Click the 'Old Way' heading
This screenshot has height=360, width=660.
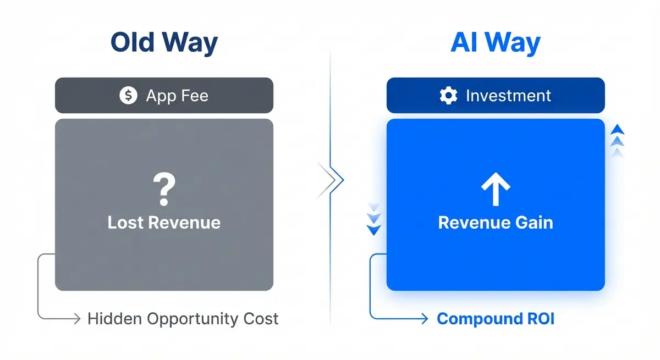coord(164,43)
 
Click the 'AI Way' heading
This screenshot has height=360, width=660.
coord(495,43)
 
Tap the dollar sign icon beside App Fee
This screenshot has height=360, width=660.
coord(128,96)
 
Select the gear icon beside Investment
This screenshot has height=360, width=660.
coord(449,96)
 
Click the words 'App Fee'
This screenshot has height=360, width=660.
coord(177,96)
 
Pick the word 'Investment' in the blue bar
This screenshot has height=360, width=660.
coord(508,96)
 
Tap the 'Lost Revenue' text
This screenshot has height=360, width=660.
coord(164,223)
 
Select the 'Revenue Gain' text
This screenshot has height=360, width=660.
coord(496,223)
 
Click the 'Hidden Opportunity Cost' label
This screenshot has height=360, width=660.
coord(183,318)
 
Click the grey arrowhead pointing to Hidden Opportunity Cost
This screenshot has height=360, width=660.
coord(76,318)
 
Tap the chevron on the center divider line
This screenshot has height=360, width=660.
coord(333,179)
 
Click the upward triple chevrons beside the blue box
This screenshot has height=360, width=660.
coord(618,140)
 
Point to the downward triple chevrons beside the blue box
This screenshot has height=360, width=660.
coord(374,219)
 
